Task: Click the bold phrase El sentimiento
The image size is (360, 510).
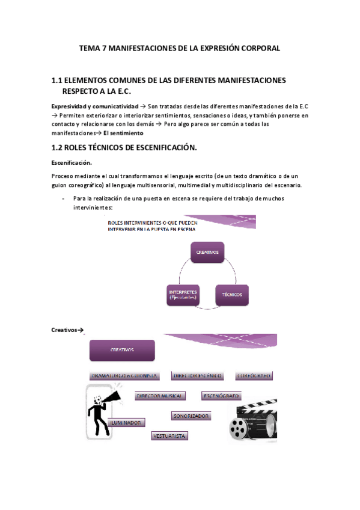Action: (123, 133)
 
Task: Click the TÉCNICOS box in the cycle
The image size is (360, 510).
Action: (232, 295)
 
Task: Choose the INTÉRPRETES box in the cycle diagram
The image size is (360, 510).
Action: (185, 295)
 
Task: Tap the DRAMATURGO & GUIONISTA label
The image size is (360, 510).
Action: (124, 375)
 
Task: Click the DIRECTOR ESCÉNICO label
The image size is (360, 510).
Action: (198, 375)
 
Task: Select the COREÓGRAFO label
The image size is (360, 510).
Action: (254, 375)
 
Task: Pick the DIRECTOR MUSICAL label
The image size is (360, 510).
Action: (159, 396)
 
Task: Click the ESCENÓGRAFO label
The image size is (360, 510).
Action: (221, 396)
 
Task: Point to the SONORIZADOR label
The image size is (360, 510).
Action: (191, 416)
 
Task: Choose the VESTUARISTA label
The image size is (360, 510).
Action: (170, 435)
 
